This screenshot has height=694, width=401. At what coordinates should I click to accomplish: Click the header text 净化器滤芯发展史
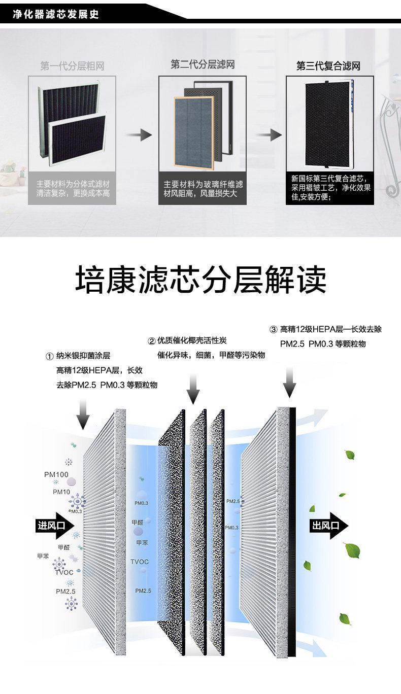click(x=56, y=14)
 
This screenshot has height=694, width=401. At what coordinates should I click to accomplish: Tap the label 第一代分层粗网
click(x=72, y=66)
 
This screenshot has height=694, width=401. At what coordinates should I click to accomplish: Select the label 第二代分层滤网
click(x=203, y=65)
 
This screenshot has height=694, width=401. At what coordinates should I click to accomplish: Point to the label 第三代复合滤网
click(x=328, y=66)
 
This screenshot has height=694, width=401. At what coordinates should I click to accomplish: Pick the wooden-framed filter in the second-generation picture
click(x=193, y=133)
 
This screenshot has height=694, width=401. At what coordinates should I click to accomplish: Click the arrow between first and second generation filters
click(x=139, y=135)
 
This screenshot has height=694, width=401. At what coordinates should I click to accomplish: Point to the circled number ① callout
click(x=49, y=357)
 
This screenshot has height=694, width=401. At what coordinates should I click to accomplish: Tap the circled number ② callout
click(x=151, y=340)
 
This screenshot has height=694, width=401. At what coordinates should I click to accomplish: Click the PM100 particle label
click(x=56, y=475)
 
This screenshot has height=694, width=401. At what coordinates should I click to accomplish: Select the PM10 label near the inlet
click(x=61, y=492)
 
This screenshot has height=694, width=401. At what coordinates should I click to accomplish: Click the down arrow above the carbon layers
click(x=193, y=389)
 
